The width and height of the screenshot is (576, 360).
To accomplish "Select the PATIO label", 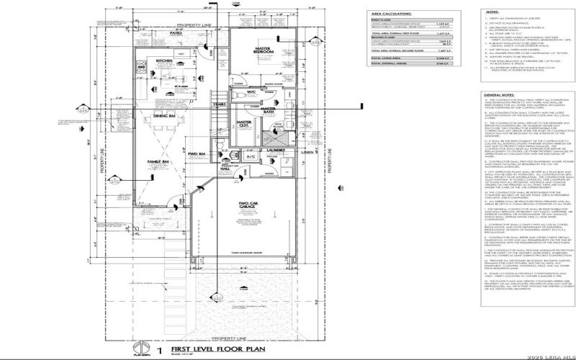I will coord(175,33).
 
